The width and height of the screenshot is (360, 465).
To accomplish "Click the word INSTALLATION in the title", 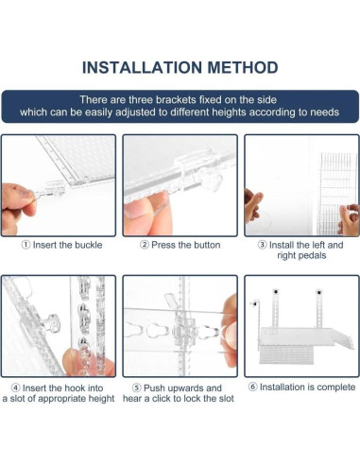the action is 142,67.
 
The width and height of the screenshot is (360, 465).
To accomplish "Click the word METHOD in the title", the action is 243,67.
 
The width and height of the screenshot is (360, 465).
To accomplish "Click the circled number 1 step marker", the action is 26,245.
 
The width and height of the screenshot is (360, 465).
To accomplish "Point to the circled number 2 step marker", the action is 145,245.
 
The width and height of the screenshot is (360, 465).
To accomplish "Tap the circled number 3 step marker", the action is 262,245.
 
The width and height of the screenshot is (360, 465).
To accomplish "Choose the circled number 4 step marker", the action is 15,387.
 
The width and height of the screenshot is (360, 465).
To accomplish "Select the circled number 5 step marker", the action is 136,387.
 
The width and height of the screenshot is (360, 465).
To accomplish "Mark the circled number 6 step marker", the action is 252,387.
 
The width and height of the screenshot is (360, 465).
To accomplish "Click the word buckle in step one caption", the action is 88,245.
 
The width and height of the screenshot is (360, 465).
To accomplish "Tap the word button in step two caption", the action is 205,245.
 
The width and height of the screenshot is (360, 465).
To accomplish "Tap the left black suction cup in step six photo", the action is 276,292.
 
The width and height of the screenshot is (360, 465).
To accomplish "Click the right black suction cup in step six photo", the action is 318,293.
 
